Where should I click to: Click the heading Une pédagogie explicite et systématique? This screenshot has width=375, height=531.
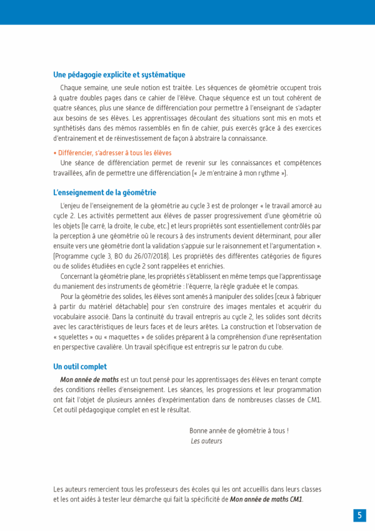tap(119, 75)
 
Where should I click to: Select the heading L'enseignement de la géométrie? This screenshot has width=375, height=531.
tap(104, 193)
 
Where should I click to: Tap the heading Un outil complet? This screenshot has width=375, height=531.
tap(80, 367)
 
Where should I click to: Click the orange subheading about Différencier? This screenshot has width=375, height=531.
tap(112, 153)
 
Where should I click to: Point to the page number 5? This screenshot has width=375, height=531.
tap(359, 515)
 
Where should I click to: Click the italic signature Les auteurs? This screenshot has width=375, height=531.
tap(206, 441)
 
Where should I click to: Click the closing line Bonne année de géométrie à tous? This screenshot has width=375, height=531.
tap(239, 431)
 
